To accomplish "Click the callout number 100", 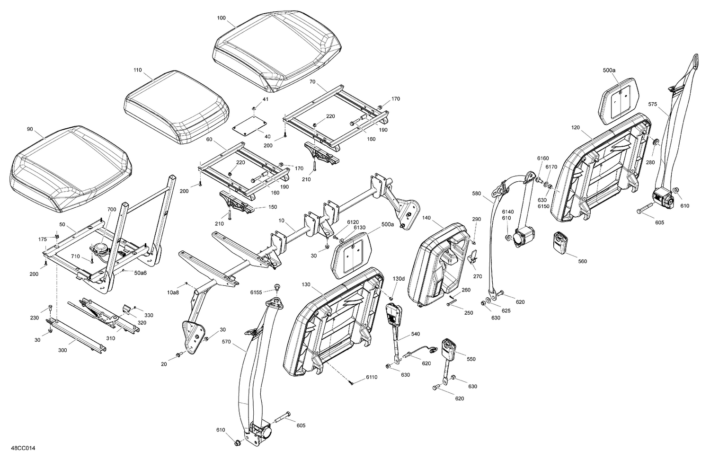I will click(x=222, y=18).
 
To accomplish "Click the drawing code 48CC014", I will click(x=22, y=448).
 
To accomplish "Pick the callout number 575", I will click(x=653, y=104).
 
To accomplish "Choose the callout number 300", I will click(x=62, y=350).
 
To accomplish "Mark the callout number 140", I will click(x=426, y=218).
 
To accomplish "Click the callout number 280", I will click(x=650, y=162).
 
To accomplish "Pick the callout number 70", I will click(x=312, y=81).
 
